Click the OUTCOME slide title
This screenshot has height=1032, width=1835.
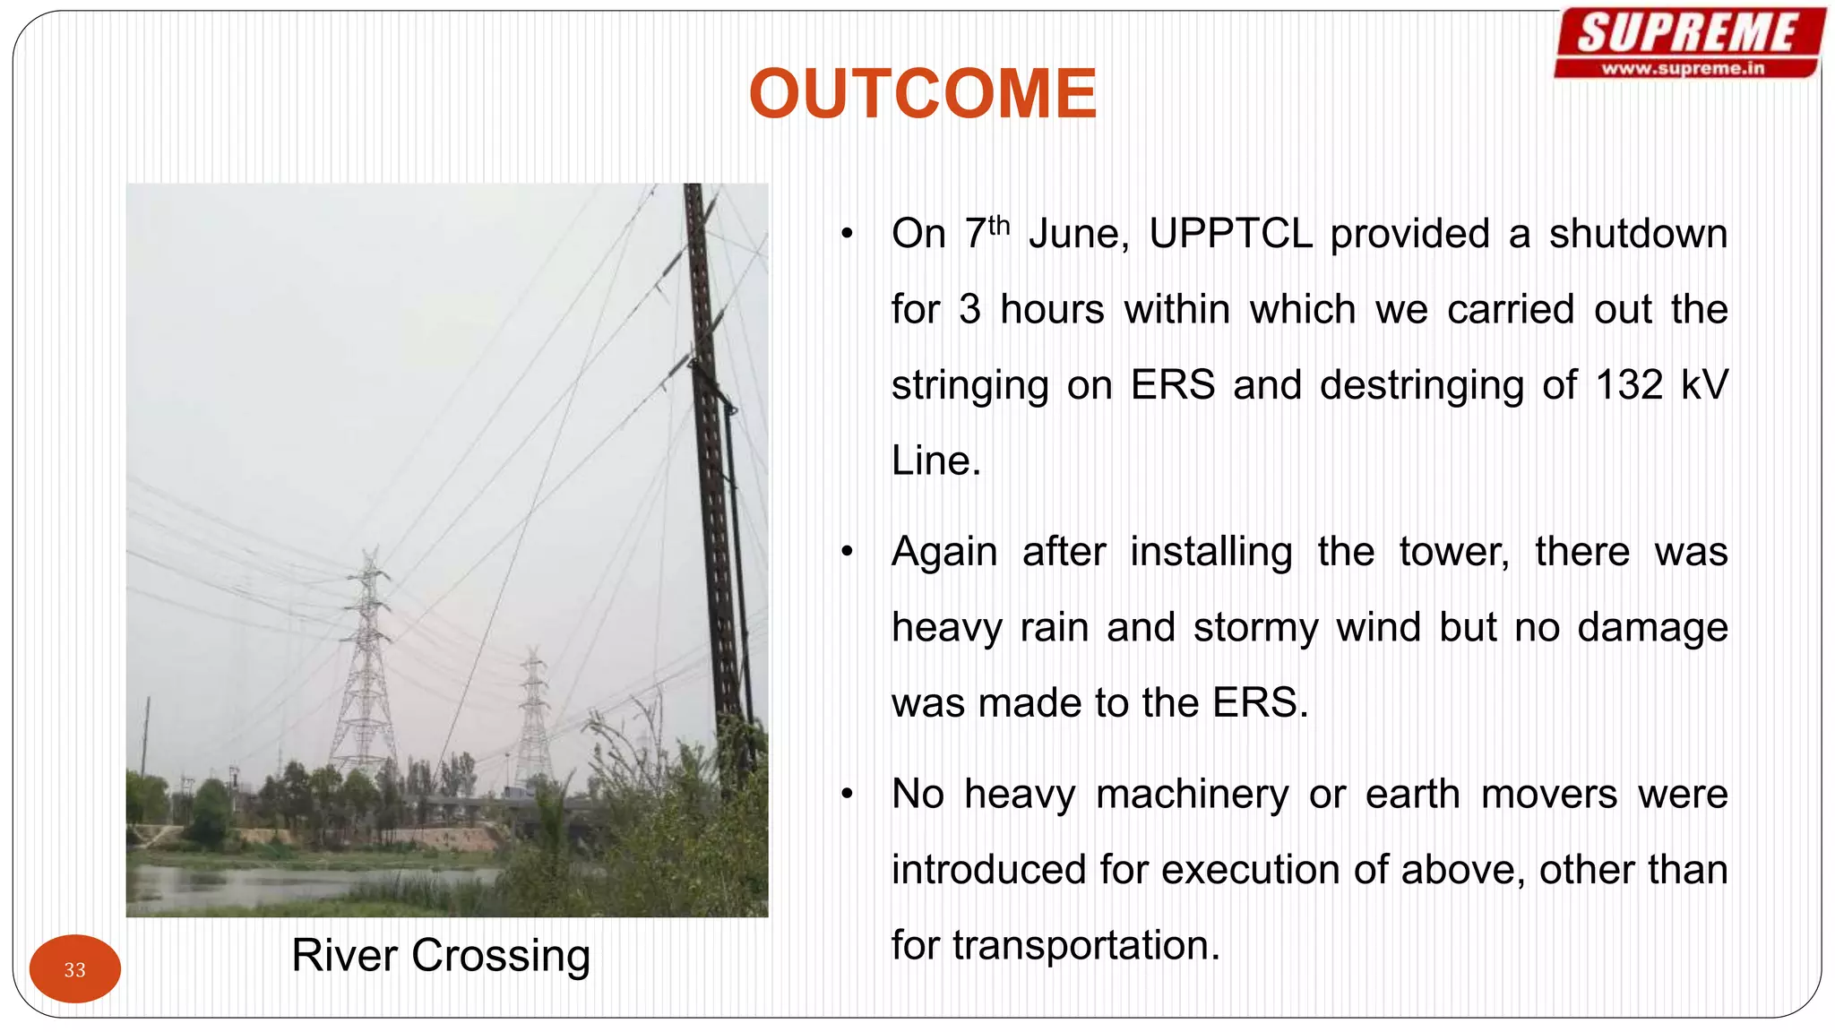922,94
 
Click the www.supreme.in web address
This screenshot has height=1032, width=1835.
1683,68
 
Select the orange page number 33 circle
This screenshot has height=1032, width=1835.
74,968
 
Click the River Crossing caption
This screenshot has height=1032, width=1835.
441,955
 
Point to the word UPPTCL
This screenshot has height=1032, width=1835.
1230,234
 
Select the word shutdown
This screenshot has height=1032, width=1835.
1638,234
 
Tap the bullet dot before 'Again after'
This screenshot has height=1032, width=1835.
847,553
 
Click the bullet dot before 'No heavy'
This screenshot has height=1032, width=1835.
847,795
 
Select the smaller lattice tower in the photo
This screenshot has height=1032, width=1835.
534,717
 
